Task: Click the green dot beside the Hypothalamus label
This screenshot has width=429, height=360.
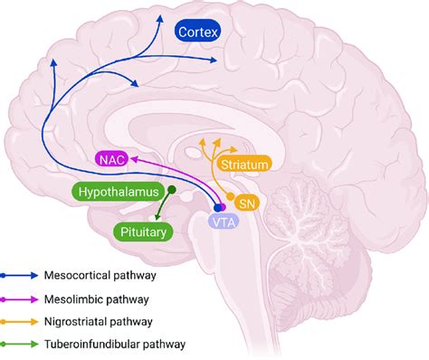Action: (x=167, y=190)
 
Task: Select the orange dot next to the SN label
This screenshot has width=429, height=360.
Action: (x=229, y=197)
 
